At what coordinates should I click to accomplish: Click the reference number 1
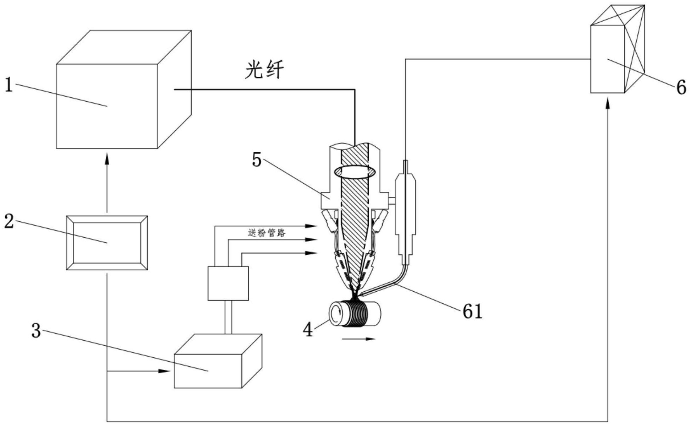[8, 85]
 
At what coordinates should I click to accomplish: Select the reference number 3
[36, 331]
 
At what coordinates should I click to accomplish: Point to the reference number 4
[308, 330]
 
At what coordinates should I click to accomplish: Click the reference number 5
[257, 160]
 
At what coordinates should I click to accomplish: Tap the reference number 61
[472, 311]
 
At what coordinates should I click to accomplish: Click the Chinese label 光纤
[265, 70]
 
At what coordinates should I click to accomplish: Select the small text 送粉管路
[267, 233]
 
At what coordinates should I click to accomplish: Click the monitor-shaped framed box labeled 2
[107, 243]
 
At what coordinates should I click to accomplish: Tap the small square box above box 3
[228, 283]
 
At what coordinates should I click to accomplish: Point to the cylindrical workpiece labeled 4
[355, 314]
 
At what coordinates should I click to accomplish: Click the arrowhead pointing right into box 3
[164, 371]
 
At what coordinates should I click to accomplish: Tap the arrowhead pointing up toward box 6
[608, 104]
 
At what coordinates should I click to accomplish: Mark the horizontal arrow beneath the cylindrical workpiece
[358, 339]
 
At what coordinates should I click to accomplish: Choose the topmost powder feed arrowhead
[312, 226]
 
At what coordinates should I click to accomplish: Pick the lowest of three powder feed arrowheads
[312, 253]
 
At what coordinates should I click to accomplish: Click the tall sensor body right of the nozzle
[405, 217]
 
